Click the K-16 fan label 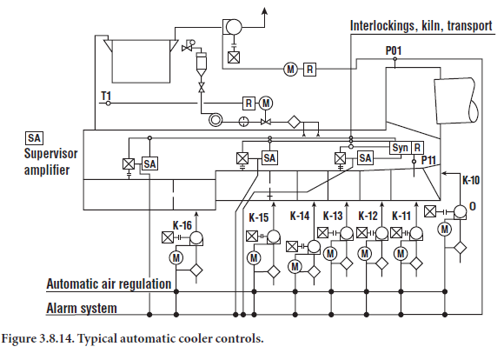pos(182,225)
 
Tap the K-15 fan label pos(259,217)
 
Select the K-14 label pos(300,216)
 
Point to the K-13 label pos(333,216)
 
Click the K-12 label pos(368,216)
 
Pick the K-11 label pos(401,216)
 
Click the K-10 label pos(471,180)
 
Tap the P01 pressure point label pos(394,50)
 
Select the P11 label pos(428,160)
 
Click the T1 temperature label pos(106,96)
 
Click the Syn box pos(401,148)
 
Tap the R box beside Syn pos(417,148)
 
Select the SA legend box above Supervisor pos(34,138)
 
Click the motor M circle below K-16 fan pos(176,257)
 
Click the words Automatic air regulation pos(109,283)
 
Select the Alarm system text pos(82,308)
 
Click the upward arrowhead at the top pos(264,11)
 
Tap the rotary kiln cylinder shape pos(456,100)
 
